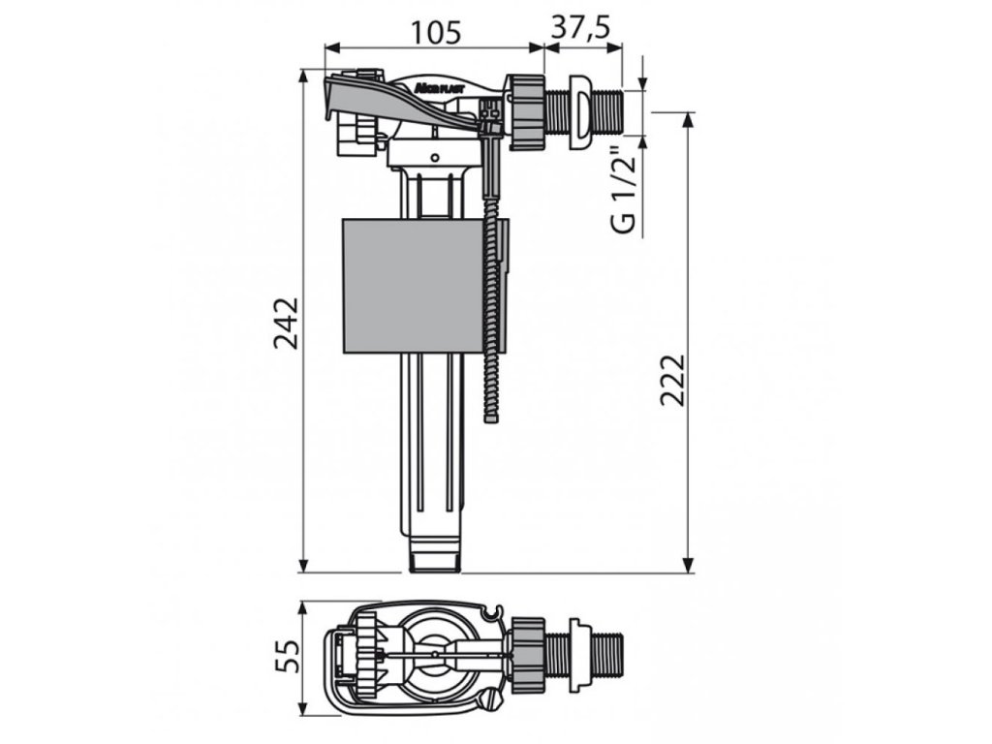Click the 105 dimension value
tap(432, 31)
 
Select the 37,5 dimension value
tap(581, 27)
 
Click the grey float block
tap(414, 286)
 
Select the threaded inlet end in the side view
tap(610, 110)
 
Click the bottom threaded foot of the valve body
tap(434, 559)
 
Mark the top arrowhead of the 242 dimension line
tap(304, 75)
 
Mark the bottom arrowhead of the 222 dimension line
tap(689, 566)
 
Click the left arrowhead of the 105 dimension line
tap(330, 46)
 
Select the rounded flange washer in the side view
tap(579, 111)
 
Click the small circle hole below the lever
tap(435, 157)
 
